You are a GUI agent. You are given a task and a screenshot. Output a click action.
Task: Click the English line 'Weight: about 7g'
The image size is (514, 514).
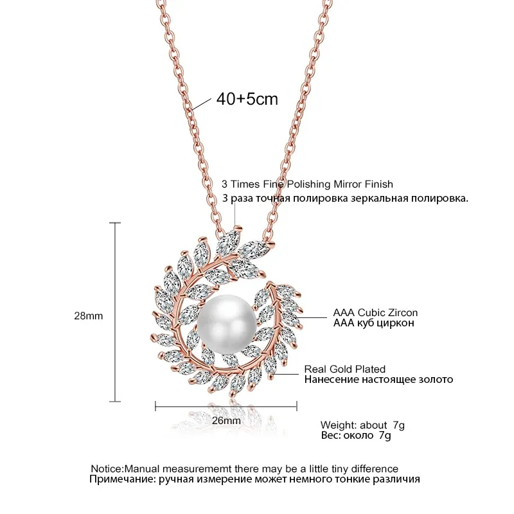tap(363, 425)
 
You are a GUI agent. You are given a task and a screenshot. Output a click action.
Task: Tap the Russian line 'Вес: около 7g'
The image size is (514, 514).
tap(355, 436)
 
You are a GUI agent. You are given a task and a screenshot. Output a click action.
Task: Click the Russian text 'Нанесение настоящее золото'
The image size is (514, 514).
tap(378, 380)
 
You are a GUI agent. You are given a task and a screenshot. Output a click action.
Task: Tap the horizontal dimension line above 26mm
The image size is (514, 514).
tap(226, 405)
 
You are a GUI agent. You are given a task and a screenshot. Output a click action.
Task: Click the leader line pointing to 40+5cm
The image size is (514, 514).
tap(204, 105)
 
